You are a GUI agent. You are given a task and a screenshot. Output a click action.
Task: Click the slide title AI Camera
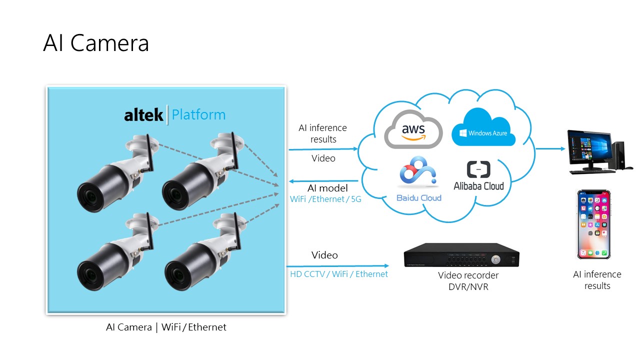click(x=96, y=43)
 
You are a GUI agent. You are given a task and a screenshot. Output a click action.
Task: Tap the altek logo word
click(x=143, y=115)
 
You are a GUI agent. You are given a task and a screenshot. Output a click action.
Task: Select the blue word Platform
click(x=198, y=115)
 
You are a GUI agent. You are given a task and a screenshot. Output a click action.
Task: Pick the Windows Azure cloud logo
click(x=483, y=129)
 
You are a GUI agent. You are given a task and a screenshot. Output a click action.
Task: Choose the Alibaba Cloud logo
click(x=478, y=176)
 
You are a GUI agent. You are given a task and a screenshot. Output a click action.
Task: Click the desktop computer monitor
click(x=589, y=149)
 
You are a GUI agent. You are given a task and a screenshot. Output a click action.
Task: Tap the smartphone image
click(x=594, y=224)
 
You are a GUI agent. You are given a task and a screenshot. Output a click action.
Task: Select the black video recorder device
click(x=461, y=256)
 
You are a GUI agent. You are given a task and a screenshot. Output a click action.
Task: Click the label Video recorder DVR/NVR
click(x=468, y=281)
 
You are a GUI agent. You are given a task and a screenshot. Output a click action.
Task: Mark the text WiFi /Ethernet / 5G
click(x=325, y=199)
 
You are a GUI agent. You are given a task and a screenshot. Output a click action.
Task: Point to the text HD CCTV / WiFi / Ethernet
click(x=339, y=274)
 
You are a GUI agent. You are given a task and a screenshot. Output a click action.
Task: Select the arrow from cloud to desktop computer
click(x=550, y=149)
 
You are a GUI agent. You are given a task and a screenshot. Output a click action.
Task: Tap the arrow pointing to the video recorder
click(x=337, y=266)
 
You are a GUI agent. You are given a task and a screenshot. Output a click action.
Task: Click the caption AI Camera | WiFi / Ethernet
click(x=166, y=327)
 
